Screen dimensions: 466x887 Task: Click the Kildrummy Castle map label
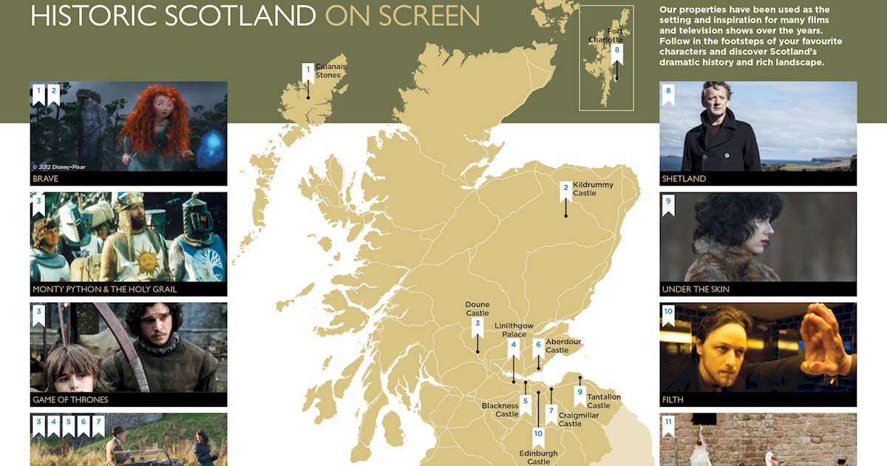[x=593, y=189]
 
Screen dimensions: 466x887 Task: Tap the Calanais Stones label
[x=330, y=71]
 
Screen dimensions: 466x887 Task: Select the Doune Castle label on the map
[x=478, y=308]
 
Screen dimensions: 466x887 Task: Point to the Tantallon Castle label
[x=604, y=401]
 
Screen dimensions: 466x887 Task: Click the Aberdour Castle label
[x=563, y=345]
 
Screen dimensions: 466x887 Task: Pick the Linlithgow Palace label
[x=514, y=330]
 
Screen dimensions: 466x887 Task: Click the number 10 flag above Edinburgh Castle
[x=538, y=435]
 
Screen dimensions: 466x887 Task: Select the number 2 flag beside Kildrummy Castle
[x=565, y=189]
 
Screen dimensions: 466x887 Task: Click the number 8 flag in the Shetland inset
[x=616, y=52]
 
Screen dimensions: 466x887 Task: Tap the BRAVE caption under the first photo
[x=45, y=179]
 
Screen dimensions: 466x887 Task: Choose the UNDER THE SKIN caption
[x=696, y=289]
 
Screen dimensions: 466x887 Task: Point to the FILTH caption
[x=673, y=400]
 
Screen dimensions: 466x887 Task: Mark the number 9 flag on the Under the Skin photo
[x=668, y=203]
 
